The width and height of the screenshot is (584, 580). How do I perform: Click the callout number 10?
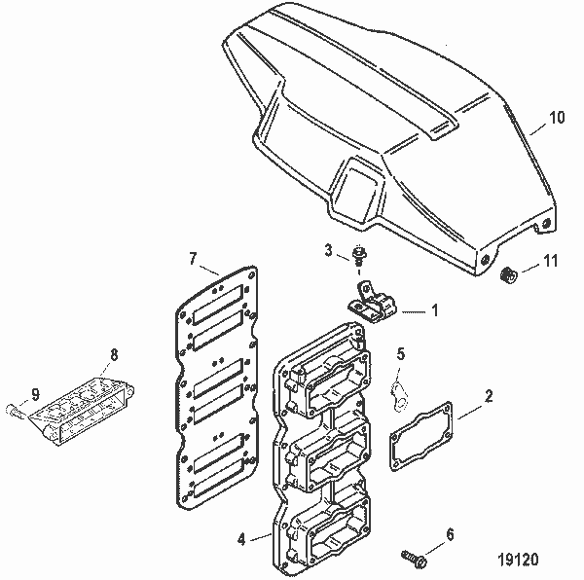pyautogui.click(x=556, y=118)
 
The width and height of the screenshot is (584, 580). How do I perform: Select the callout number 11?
pyautogui.click(x=550, y=262)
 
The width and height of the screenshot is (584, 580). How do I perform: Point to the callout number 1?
pyautogui.click(x=434, y=312)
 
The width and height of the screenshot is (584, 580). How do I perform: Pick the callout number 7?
pyautogui.click(x=193, y=259)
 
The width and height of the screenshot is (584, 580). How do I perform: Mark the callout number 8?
pyautogui.click(x=114, y=354)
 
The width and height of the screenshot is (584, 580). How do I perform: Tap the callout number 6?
pyautogui.click(x=449, y=533)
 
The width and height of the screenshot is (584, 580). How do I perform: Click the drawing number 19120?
pyautogui.click(x=520, y=561)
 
